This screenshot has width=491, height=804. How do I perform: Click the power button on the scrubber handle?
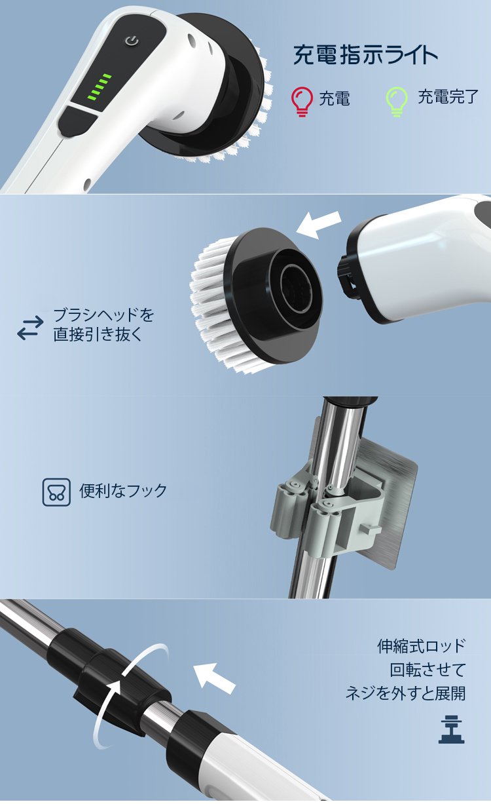[132, 41]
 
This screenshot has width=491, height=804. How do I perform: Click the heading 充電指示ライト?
[365, 55]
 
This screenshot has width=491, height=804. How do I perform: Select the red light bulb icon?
[302, 102]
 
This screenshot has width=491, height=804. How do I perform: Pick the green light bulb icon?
[396, 102]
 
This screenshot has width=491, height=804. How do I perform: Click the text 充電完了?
[448, 97]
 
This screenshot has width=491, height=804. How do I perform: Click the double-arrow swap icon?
[31, 328]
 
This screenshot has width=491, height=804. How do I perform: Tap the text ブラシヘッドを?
[103, 315]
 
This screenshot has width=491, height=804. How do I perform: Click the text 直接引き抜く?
[98, 334]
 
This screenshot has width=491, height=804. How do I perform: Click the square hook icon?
[56, 492]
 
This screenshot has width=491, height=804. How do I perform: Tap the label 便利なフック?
[123, 491]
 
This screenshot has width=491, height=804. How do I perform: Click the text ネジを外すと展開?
[406, 693]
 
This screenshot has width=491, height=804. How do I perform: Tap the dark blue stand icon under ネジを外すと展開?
[451, 730]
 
